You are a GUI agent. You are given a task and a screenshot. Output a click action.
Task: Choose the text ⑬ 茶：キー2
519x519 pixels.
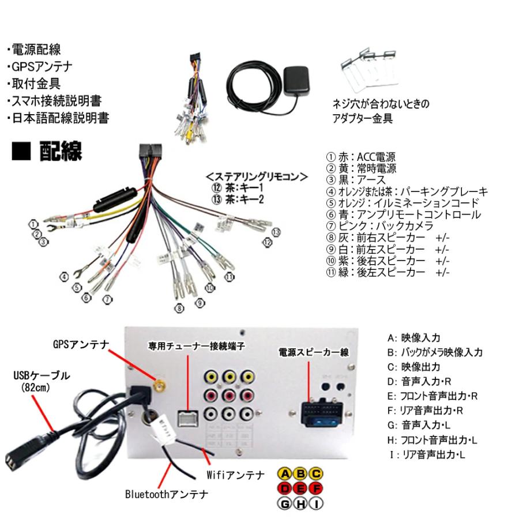(236, 200)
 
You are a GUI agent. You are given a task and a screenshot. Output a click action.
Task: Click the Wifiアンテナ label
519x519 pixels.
(235, 475)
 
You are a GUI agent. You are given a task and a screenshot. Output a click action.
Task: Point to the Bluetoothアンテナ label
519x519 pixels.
(167, 494)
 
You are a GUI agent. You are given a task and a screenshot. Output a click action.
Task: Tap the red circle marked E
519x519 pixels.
(300, 489)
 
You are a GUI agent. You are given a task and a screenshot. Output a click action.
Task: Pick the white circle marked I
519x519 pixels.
(316, 504)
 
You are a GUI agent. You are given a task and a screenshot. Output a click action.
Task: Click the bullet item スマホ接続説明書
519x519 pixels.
(55, 101)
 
